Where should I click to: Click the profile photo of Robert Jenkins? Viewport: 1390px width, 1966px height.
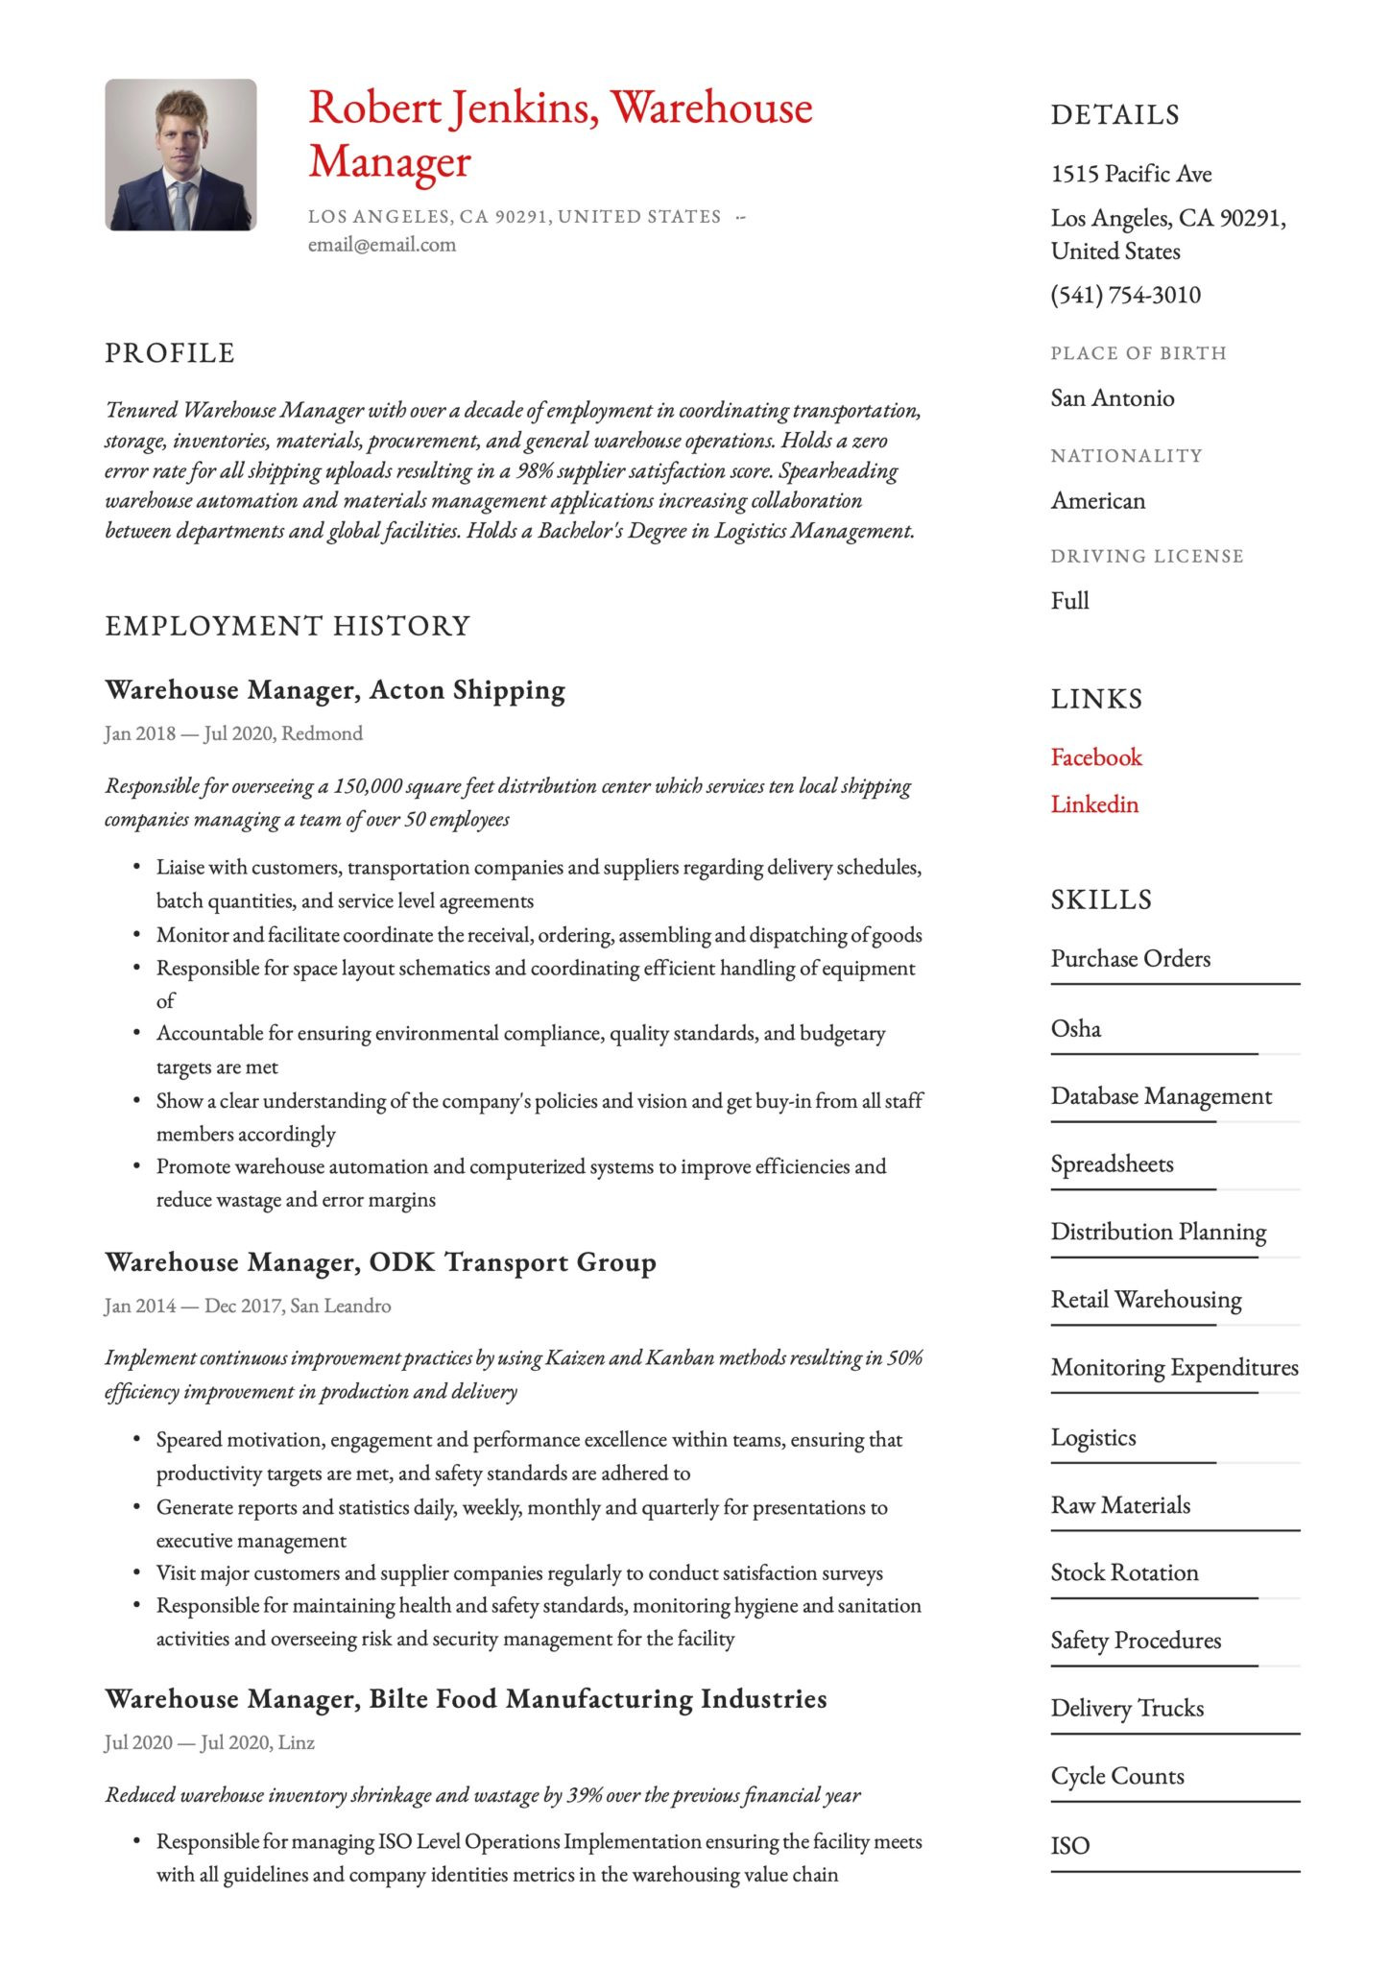[180, 155]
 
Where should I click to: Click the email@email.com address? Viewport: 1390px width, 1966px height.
[381, 245]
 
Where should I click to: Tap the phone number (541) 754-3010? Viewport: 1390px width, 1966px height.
[1125, 295]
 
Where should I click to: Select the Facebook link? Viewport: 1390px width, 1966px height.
[1095, 757]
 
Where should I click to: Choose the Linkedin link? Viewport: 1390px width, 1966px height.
[1093, 804]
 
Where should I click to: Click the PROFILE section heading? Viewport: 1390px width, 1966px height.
[170, 353]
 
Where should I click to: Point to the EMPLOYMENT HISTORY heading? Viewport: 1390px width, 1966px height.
[287, 626]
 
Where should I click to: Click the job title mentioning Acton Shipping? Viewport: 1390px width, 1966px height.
[334, 690]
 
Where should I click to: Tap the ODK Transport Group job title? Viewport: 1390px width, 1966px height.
[380, 1262]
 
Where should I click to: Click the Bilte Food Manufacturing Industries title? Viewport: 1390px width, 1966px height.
[466, 1699]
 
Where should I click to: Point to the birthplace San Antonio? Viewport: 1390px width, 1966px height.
[1112, 398]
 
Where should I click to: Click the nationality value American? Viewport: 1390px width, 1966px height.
[1097, 501]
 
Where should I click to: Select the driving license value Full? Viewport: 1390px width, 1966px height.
[1069, 601]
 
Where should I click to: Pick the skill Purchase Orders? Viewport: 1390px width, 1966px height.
[1130, 959]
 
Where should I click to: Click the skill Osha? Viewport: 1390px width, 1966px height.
[1075, 1029]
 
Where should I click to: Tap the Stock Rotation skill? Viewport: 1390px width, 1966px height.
[1124, 1572]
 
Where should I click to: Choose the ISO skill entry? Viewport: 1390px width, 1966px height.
[1069, 1845]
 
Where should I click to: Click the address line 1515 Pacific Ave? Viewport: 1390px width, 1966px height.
[1131, 174]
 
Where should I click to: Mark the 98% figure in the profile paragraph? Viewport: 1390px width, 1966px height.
[533, 471]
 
